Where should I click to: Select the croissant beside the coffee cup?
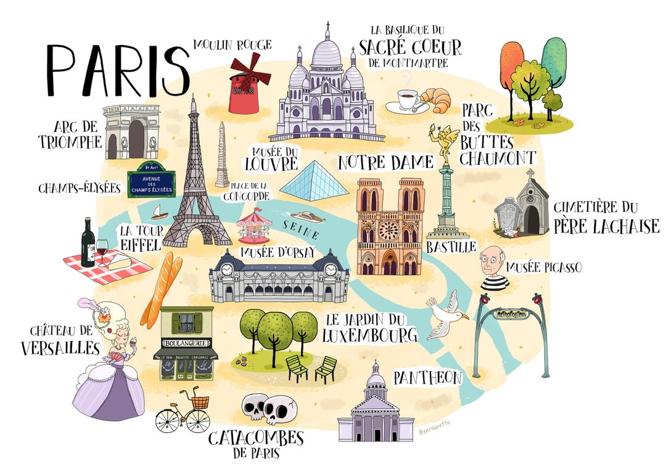point(437,100)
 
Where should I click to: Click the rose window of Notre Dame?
point(388,230)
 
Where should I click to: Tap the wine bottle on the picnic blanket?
point(88,243)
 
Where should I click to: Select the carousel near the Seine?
point(253,225)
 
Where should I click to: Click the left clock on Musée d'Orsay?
point(226,269)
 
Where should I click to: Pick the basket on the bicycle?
point(199,403)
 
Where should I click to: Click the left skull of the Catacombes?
point(255,408)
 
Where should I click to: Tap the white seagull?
point(445,317)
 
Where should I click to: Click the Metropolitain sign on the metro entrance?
point(511,314)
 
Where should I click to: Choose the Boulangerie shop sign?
point(185,342)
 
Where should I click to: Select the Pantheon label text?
point(427,377)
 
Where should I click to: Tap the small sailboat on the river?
point(159,212)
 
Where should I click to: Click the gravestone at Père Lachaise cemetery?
point(508,216)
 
